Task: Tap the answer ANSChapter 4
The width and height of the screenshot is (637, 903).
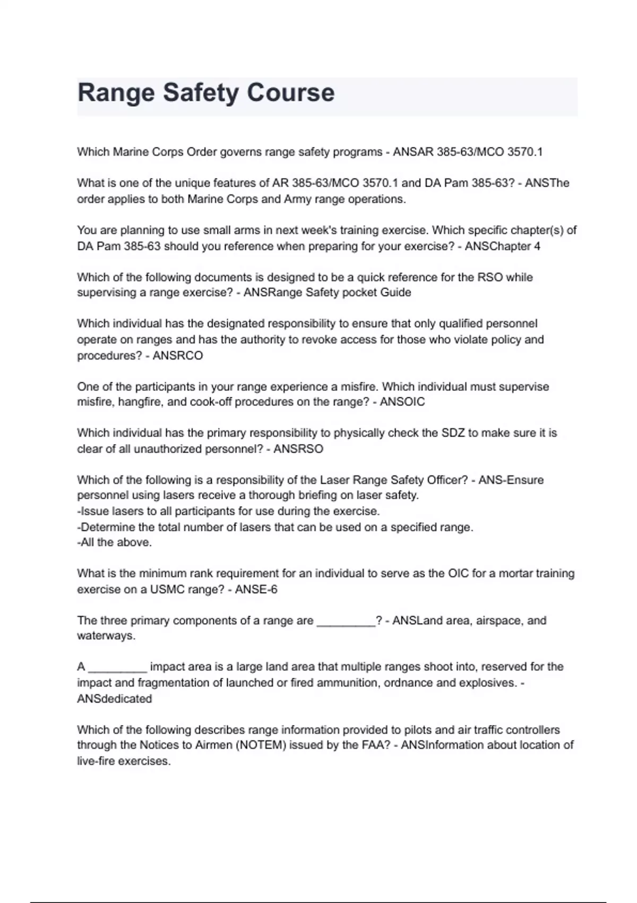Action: point(502,246)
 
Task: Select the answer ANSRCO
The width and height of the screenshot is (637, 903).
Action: point(177,355)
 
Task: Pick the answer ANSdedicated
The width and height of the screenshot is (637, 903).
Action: point(114,698)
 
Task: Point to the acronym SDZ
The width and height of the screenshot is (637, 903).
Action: point(453,433)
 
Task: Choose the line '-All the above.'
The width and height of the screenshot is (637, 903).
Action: point(115,542)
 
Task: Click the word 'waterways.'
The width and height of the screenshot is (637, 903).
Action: point(106,636)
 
